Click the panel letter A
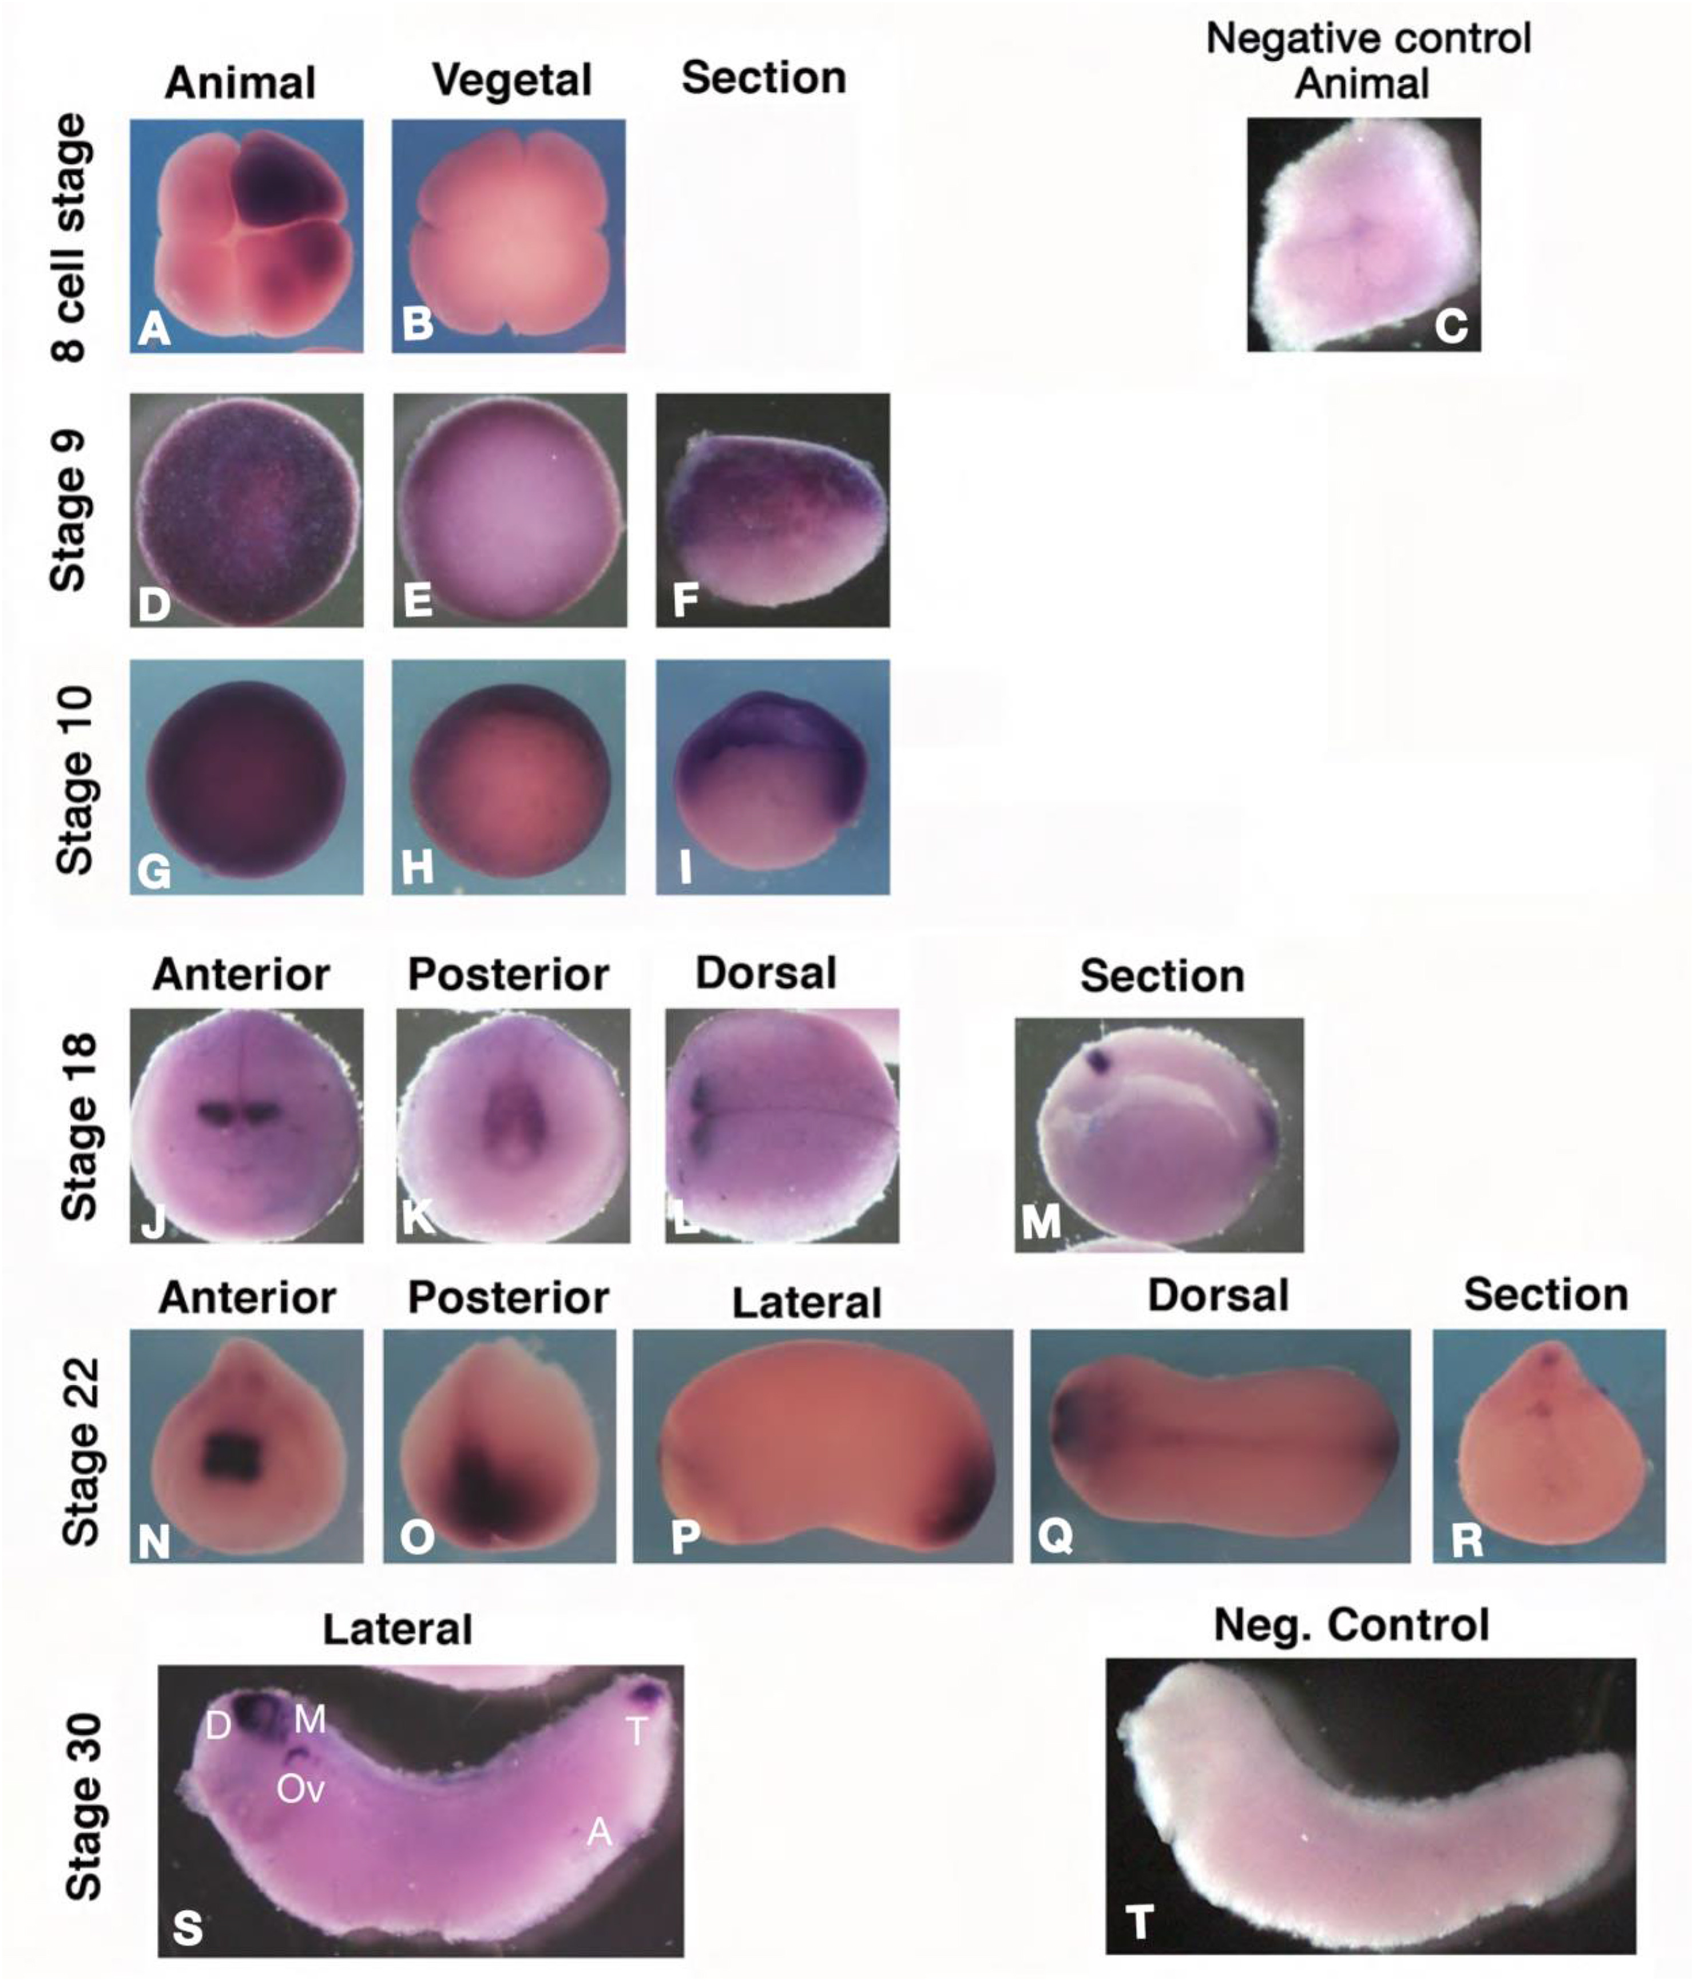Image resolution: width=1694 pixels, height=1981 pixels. (154, 329)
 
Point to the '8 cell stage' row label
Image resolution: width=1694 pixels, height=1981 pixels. (72, 236)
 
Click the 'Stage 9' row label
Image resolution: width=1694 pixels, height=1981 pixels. (72, 510)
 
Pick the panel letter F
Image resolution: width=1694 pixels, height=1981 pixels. (684, 600)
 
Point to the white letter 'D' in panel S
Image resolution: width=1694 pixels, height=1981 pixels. (218, 1726)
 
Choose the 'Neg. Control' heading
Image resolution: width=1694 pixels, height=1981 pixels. (1351, 1625)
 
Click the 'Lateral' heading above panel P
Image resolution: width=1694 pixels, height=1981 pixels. (807, 1302)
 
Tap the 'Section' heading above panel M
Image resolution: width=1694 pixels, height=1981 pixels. (1163, 976)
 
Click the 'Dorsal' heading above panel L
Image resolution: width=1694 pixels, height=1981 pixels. (765, 973)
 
